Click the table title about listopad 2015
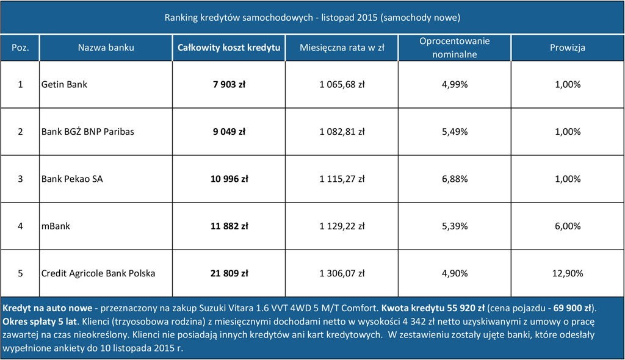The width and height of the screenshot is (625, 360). pyautogui.click(x=312, y=16)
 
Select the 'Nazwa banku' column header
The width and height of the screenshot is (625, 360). pyautogui.click(x=106, y=48)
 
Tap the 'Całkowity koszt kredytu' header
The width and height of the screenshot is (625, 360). pyautogui.click(x=229, y=48)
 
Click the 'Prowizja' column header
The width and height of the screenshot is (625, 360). pyautogui.click(x=567, y=48)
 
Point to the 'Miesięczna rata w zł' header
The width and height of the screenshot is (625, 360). pyautogui.click(x=341, y=48)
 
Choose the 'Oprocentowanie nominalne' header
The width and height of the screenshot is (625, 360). pyautogui.click(x=454, y=48)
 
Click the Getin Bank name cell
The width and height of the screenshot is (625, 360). pyautogui.click(x=64, y=84)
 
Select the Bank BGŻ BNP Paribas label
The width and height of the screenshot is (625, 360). pyautogui.click(x=87, y=132)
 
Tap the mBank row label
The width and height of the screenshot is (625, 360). pyautogui.click(x=56, y=226)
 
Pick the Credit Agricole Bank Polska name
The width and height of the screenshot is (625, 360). pyautogui.click(x=98, y=273)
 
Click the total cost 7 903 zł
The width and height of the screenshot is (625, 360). pyautogui.click(x=229, y=84)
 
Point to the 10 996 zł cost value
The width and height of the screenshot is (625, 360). pyautogui.click(x=229, y=179)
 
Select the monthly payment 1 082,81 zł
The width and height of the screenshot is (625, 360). pyautogui.click(x=342, y=132)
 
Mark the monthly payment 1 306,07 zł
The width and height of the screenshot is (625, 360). pyautogui.click(x=342, y=273)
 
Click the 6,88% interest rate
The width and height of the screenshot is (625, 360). pyautogui.click(x=454, y=179)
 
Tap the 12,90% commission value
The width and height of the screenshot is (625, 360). pyautogui.click(x=568, y=273)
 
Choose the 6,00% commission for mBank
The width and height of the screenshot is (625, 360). pyautogui.click(x=568, y=226)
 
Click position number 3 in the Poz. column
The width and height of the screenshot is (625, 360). pyautogui.click(x=20, y=179)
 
